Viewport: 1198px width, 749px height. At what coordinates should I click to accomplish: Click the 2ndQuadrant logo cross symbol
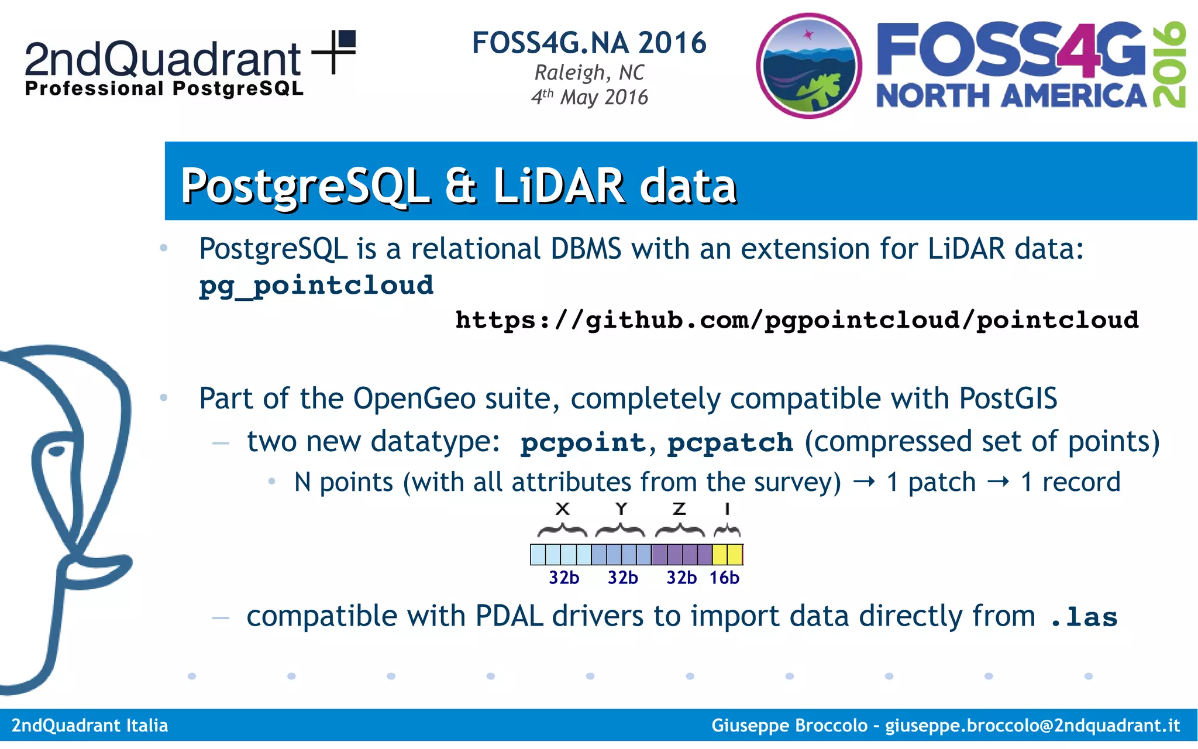334,51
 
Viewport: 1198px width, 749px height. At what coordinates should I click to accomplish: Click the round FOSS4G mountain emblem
809,66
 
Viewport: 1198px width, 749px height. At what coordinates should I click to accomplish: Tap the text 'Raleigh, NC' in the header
589,73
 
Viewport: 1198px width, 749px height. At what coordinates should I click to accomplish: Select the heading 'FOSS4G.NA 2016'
589,43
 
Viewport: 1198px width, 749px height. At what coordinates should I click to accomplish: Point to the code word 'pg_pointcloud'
316,286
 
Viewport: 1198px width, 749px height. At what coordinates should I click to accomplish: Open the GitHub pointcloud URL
797,320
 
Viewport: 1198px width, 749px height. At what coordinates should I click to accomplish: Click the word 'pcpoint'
583,442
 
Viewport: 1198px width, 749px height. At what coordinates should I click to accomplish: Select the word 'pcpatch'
730,442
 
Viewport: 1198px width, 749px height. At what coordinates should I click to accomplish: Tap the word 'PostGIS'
1008,398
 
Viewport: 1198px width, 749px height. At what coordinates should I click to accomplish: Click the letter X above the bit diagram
562,509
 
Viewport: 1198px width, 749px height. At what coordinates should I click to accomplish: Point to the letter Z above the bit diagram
679,509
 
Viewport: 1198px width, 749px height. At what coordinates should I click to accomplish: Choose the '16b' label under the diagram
724,578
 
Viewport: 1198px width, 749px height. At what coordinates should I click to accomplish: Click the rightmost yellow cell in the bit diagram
735,554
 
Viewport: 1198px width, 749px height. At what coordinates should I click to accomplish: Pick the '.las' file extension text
1084,617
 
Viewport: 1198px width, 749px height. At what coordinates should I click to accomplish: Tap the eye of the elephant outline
57,451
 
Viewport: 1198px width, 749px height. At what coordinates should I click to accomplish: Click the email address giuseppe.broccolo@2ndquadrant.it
1032,726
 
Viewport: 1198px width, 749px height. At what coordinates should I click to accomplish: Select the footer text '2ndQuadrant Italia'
90,726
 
